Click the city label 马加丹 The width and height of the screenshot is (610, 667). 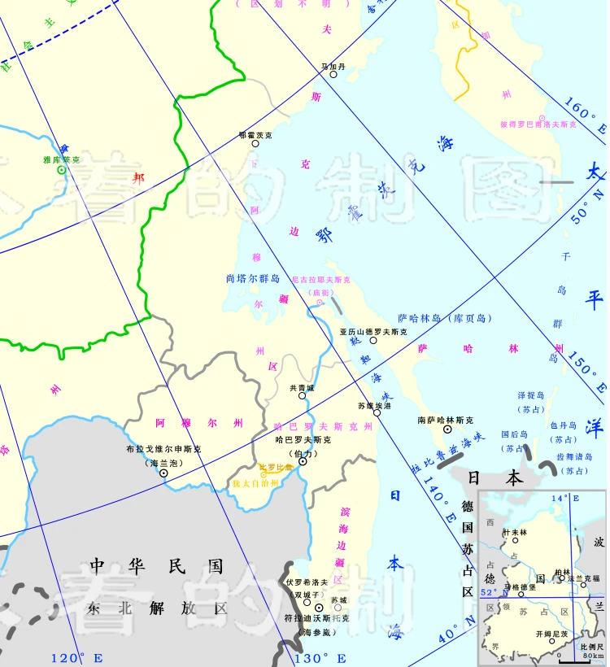(x=333, y=66)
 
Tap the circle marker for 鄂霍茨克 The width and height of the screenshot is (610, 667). (x=255, y=143)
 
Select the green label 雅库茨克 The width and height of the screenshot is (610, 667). (x=62, y=160)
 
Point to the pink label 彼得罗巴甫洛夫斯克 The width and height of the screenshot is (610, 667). (x=538, y=124)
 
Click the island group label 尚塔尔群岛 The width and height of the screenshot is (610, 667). (x=253, y=278)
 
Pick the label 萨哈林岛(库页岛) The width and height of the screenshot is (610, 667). (x=445, y=318)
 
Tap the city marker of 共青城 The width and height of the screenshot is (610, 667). (x=303, y=395)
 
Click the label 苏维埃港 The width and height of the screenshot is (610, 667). (x=374, y=404)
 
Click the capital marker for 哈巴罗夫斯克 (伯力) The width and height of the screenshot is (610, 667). (x=303, y=461)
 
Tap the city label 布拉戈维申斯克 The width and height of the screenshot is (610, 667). (x=163, y=449)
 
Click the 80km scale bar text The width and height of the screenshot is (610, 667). (x=593, y=656)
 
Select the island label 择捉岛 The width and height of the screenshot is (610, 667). (x=533, y=395)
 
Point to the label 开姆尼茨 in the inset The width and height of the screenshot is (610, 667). (x=552, y=634)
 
